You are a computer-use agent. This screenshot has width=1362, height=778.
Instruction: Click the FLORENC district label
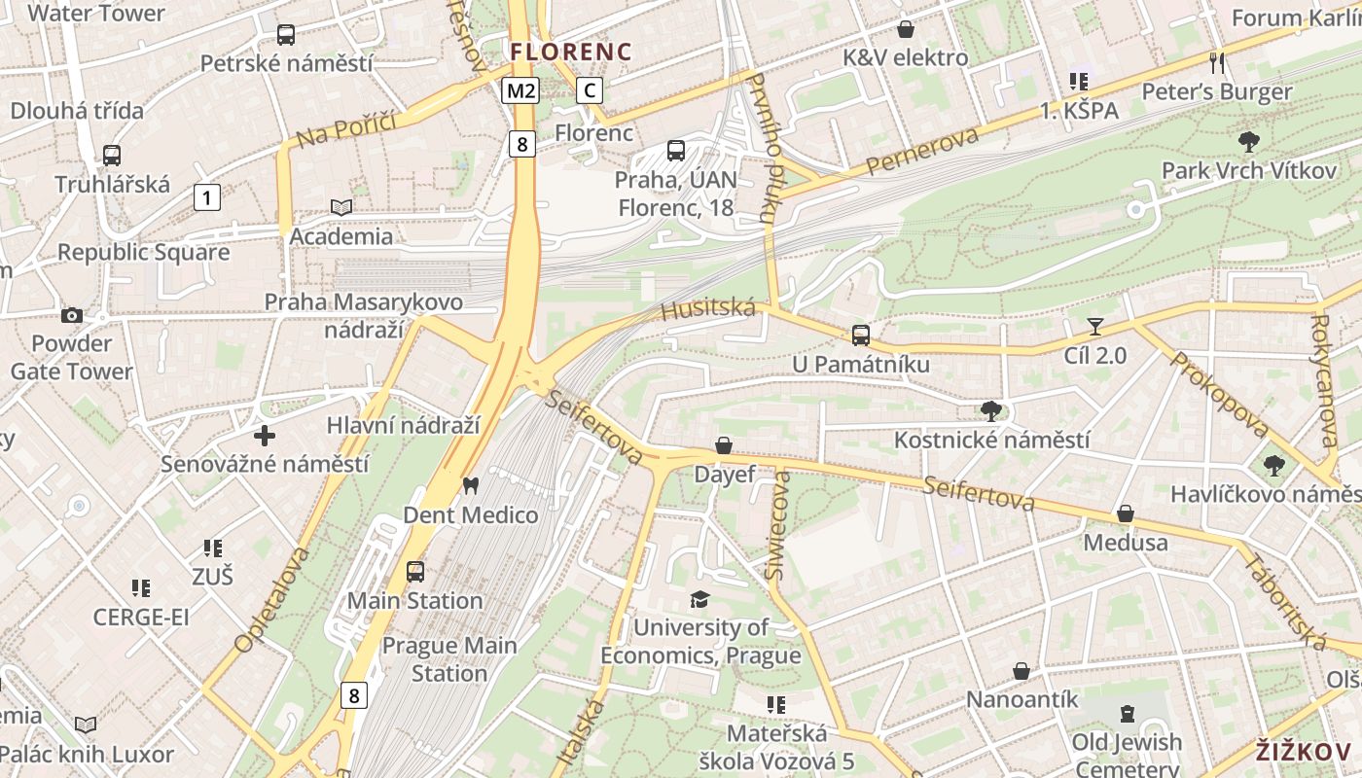[571, 52]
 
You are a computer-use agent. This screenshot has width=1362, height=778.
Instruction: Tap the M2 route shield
[520, 91]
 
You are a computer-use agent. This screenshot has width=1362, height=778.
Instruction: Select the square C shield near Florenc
[589, 90]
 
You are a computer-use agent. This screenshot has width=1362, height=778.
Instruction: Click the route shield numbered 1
[206, 197]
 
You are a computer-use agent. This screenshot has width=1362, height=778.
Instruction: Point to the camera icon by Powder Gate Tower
[72, 315]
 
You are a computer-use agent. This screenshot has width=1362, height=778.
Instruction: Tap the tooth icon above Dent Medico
[471, 485]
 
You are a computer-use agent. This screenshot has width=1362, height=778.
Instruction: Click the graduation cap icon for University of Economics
[699, 598]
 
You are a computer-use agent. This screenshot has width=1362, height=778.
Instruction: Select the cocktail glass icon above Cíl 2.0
[1095, 327]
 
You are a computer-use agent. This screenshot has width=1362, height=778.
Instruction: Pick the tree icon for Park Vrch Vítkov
[1249, 142]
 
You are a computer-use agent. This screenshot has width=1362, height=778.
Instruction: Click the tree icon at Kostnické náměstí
[991, 410]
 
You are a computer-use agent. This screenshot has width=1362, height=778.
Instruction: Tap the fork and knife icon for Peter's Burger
[1216, 63]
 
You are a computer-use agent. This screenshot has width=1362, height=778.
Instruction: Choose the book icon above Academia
[341, 207]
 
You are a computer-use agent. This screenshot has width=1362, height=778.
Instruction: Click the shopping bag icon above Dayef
[724, 445]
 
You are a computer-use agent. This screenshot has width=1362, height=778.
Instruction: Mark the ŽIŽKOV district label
[1303, 752]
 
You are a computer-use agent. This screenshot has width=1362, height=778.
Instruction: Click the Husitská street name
[708, 309]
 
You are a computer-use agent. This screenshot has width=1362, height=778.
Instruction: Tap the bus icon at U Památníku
[861, 336]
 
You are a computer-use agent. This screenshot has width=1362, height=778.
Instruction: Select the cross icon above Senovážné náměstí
[264, 435]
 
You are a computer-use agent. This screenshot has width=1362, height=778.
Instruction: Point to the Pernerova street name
[921, 151]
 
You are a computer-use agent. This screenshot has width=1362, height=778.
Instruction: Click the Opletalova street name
[272, 599]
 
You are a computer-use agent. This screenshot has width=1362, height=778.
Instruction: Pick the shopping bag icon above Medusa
[1126, 513]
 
